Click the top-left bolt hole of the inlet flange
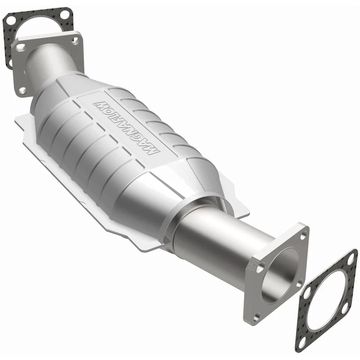pyautogui.click(x=21, y=47)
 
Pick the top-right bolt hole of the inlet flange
pyautogui.click(x=75, y=40)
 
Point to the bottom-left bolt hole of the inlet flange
pyautogui.click(x=23, y=90)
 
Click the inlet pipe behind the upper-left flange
pyautogui.click(x=49, y=64)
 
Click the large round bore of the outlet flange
pyautogui.click(x=279, y=276)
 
